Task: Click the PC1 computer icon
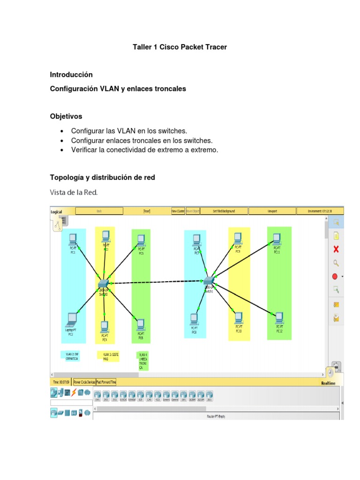73,240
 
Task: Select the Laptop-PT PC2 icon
71,319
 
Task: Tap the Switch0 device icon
103,284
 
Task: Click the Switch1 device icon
208,280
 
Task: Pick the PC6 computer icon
140,324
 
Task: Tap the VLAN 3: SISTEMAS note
108,356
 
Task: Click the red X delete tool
336,249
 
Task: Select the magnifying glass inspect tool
336,263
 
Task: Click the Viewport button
272,211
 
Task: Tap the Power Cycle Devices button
84,382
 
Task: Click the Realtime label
328,383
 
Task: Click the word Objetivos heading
66,116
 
